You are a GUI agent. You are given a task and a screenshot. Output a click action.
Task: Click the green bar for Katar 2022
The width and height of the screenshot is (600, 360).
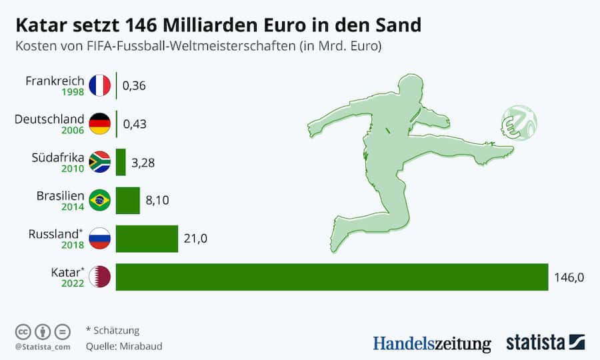point(331,277)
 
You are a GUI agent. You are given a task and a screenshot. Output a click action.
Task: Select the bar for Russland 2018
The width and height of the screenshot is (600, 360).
point(147,239)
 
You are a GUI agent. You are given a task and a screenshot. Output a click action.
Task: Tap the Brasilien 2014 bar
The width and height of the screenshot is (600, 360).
point(128,200)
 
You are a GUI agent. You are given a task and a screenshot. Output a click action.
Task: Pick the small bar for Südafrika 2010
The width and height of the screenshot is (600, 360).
point(121,162)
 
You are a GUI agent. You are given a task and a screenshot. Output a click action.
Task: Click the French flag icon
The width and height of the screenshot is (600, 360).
point(99,85)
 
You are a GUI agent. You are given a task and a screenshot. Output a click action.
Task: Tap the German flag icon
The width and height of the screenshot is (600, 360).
point(99,123)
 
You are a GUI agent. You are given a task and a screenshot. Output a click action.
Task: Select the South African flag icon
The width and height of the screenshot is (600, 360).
point(99,162)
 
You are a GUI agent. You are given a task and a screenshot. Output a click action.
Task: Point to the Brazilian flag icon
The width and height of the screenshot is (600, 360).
point(99,200)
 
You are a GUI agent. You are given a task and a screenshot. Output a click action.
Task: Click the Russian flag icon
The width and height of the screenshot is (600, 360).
point(99,239)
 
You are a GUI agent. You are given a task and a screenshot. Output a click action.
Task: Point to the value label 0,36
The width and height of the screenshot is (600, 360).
point(134,86)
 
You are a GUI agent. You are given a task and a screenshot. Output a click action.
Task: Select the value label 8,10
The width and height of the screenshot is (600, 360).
point(157,200)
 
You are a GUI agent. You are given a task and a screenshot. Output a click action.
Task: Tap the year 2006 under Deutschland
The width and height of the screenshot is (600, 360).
point(73,131)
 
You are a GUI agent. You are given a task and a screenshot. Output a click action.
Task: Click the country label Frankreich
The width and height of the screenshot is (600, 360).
point(55,81)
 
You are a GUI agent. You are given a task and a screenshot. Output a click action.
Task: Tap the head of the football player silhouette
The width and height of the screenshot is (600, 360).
point(408,87)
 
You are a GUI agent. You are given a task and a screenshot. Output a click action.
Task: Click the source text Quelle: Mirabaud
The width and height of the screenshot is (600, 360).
point(124,347)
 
